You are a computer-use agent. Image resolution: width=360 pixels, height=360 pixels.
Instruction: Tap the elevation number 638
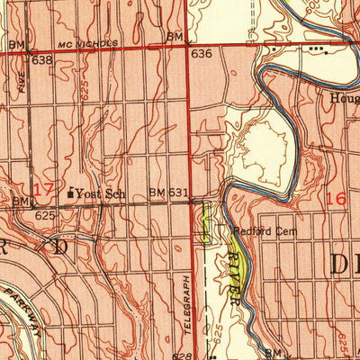[x=42, y=60]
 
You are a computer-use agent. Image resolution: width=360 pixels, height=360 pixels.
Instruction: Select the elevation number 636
[x=201, y=54]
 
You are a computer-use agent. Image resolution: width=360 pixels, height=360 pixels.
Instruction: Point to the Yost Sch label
[x=99, y=193]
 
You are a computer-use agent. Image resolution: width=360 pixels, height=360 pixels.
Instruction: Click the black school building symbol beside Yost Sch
[x=71, y=190]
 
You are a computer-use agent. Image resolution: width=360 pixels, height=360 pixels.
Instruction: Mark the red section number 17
[x=42, y=189]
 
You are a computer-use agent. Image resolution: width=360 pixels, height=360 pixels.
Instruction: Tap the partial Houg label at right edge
[x=344, y=98]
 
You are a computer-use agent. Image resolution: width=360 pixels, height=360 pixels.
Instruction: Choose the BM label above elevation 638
[x=16, y=43]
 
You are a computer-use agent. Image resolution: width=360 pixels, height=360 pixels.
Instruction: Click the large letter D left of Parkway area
[x=61, y=246]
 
